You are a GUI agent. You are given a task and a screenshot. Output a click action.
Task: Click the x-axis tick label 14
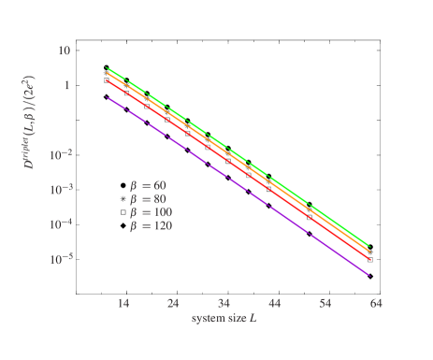coord(123,304)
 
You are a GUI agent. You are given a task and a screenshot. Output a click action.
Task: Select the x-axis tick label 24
coord(173,304)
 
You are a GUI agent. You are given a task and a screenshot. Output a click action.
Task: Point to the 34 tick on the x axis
coord(224,304)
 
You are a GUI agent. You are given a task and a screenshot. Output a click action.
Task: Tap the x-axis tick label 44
coord(275,304)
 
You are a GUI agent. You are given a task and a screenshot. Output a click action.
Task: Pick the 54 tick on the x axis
coord(325,304)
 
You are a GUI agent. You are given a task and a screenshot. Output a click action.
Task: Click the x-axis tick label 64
coord(376,304)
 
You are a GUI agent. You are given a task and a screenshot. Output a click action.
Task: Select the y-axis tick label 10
coord(65,50)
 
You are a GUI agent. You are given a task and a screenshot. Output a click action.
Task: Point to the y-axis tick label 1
coord(67,85)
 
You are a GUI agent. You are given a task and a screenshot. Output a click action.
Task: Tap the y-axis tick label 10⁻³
coord(61,188)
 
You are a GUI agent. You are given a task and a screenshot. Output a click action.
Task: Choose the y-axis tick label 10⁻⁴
coord(61,223)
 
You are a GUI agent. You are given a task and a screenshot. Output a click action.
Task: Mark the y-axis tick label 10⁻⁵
coord(61,257)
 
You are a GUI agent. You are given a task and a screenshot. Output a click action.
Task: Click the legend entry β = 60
coord(148,185)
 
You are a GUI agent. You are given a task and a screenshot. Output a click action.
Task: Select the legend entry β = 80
coord(148,198)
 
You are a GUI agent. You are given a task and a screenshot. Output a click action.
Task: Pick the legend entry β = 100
coord(151,212)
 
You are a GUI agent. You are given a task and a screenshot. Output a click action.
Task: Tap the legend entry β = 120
coord(151,225)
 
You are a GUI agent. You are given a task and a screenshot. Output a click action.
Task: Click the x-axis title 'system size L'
coord(224,319)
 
